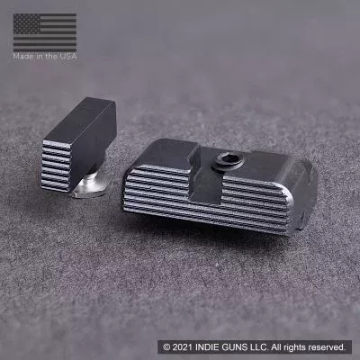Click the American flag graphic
point(45,32)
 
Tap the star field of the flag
point(27,23)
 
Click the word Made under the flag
point(22,56)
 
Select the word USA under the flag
point(68,56)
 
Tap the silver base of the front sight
point(91,186)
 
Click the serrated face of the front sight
point(57,165)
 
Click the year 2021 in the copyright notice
point(183,347)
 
